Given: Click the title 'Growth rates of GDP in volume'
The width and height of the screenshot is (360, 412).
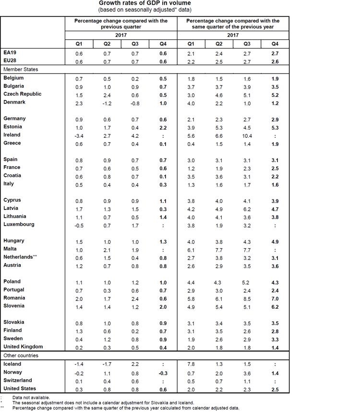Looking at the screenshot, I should (x=144, y=3).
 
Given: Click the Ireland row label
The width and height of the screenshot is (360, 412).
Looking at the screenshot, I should (x=12, y=135).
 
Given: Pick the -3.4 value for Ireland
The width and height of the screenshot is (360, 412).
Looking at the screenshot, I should (x=79, y=135).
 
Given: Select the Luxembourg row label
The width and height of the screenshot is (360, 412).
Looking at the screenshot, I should (x=19, y=225).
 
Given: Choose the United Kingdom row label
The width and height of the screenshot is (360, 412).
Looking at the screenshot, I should (x=23, y=347).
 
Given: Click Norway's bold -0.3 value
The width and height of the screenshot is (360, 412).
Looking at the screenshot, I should (x=164, y=372).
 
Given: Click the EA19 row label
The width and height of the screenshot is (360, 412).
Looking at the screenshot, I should (x=10, y=54).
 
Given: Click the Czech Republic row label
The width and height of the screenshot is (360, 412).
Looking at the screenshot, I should (x=23, y=94).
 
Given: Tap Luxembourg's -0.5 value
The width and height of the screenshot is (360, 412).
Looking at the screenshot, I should (x=79, y=225).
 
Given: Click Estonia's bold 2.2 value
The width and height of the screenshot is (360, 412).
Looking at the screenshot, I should (x=164, y=127).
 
